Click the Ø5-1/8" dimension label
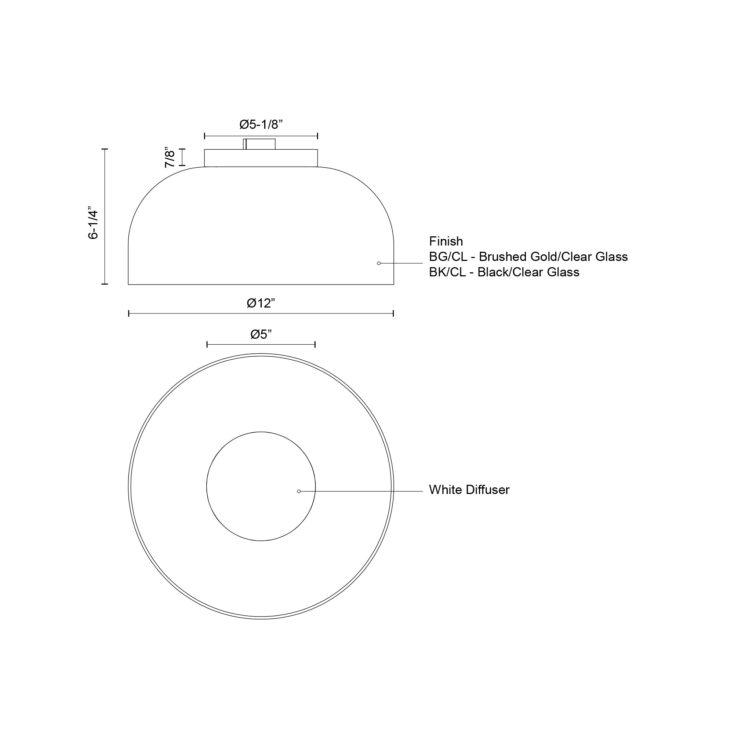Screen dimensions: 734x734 pyautogui.click(x=261, y=124)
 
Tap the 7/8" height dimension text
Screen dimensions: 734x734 pyautogui.click(x=170, y=157)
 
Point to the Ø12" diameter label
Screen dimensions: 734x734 pyautogui.click(x=261, y=303)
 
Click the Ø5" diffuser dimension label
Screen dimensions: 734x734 pyautogui.click(x=261, y=334)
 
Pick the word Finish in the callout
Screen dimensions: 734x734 pyautogui.click(x=446, y=241)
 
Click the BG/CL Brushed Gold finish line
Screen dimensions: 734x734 pyautogui.click(x=528, y=257)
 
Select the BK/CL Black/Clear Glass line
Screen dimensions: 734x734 pyautogui.click(x=505, y=272)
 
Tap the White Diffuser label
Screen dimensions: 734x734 pyautogui.click(x=469, y=490)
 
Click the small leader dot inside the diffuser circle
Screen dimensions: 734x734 pyautogui.click(x=299, y=491)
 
